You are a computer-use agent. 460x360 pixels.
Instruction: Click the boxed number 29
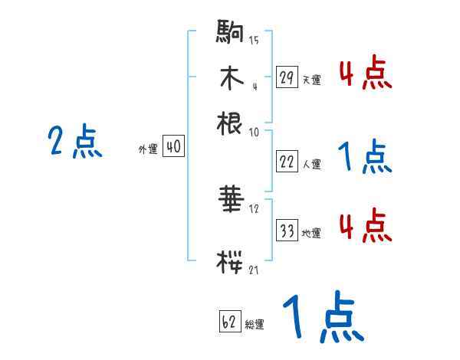[287, 77]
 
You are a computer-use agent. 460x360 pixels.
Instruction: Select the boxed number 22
[287, 162]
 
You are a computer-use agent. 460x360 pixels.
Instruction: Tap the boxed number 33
[287, 232]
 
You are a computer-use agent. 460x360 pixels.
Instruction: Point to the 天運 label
[310, 80]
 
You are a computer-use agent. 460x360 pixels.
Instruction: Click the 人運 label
[311, 163]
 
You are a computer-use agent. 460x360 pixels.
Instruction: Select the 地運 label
[311, 234]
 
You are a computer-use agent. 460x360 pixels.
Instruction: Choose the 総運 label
[254, 324]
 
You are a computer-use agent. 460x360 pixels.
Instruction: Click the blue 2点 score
[75, 142]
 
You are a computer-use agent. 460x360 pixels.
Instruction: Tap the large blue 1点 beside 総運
[321, 317]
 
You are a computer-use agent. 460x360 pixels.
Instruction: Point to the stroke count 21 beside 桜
[253, 269]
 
